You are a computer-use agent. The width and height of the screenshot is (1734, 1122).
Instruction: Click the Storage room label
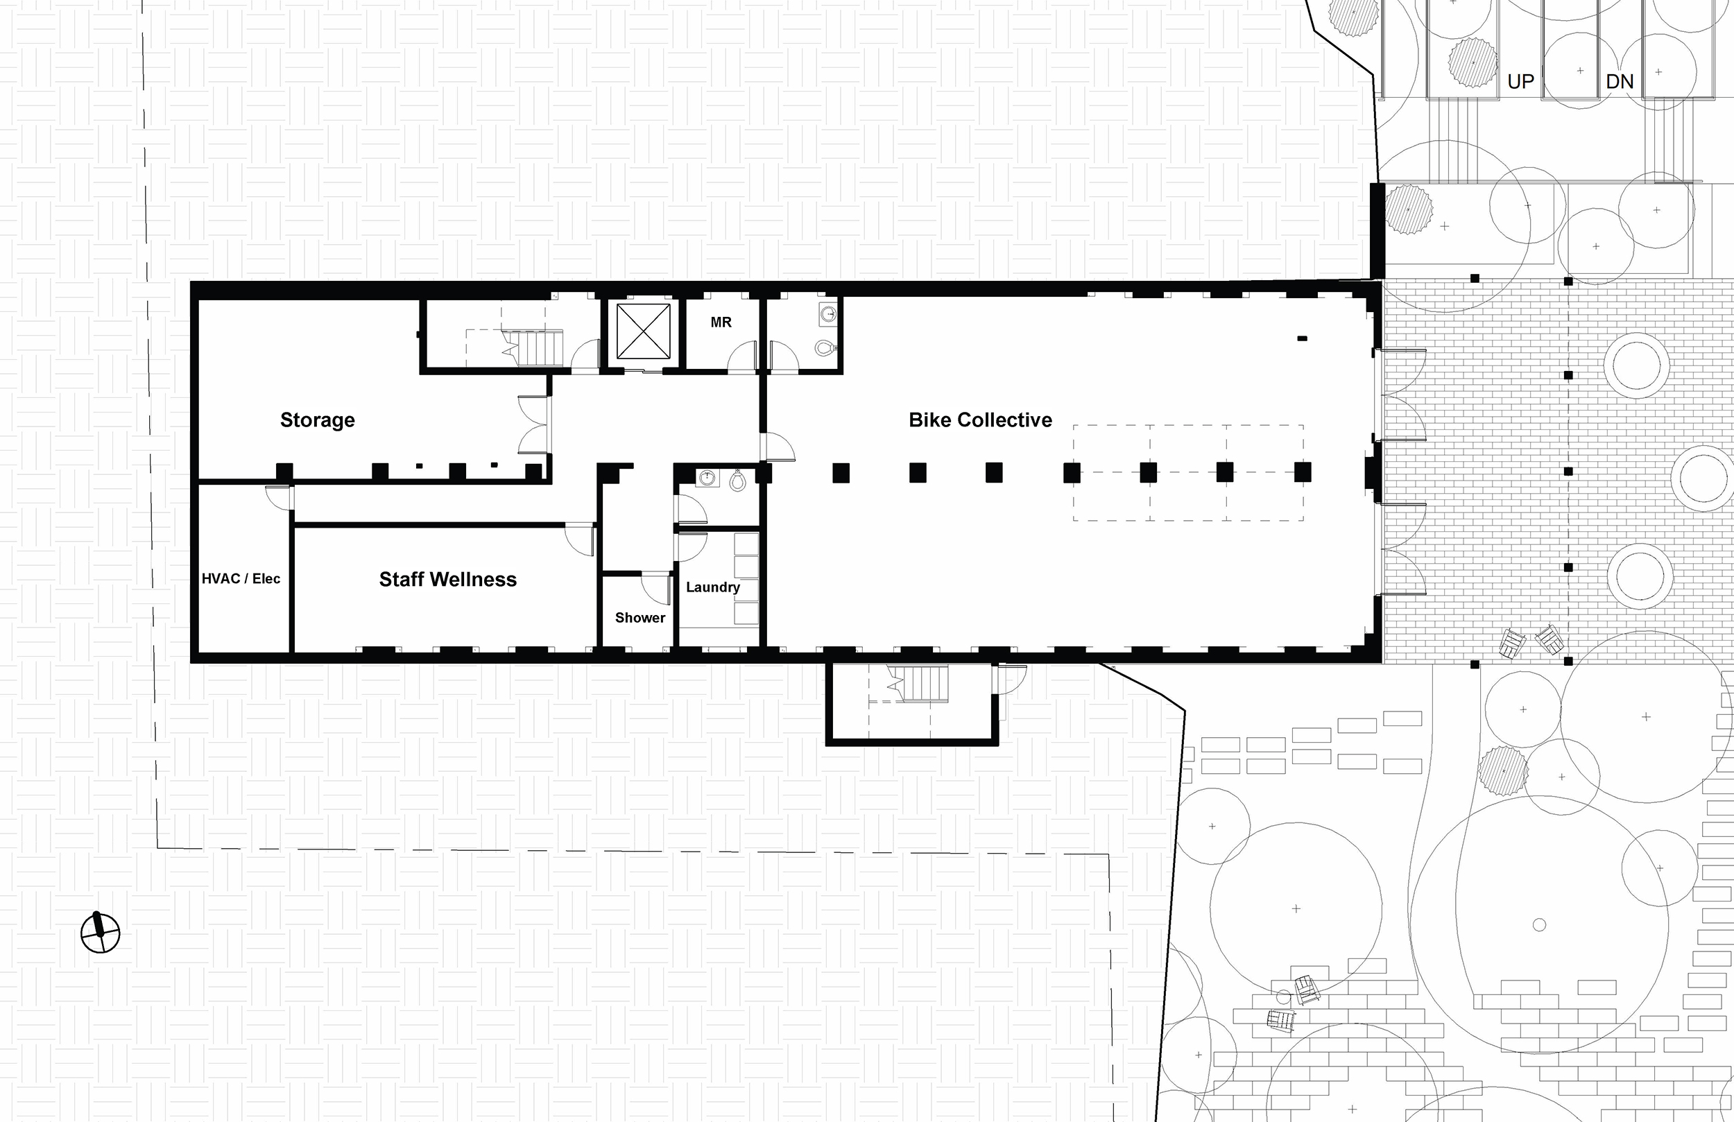coord(317,420)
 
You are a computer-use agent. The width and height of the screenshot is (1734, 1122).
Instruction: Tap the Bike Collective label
coord(980,420)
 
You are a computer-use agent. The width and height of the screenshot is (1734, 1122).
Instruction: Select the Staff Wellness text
coord(447,579)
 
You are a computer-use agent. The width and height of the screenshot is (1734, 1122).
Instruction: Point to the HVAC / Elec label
coord(241,578)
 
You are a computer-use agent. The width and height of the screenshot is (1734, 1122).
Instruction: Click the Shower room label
coord(639,618)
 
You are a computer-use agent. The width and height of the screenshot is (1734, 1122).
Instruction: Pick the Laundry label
coord(712,587)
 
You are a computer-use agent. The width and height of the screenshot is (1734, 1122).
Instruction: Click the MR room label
coord(721,322)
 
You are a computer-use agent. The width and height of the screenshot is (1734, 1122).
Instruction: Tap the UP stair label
coord(1520,82)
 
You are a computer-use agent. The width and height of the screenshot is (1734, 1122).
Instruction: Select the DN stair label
coord(1620,82)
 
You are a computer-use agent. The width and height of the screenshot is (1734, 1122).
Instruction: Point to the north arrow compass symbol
coord(100,932)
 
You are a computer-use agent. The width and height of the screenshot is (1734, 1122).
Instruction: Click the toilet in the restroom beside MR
coord(825,347)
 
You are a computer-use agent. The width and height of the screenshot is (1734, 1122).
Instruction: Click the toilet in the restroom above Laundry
coord(737,480)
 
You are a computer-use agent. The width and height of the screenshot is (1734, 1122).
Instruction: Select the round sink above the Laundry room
coord(706,478)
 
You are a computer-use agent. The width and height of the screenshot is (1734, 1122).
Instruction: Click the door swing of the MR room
coord(742,357)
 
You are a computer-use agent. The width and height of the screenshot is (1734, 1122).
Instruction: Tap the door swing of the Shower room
coord(655,589)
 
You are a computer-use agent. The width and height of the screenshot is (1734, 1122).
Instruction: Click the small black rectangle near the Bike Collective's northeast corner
coord(1302,338)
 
